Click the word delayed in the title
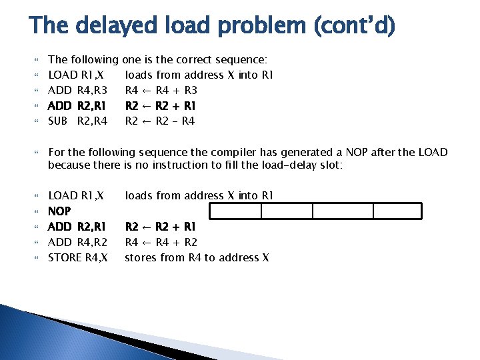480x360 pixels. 111,27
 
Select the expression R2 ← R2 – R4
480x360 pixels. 160,121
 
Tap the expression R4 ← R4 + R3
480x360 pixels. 160,90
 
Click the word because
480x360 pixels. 69,165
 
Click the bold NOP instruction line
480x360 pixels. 60,211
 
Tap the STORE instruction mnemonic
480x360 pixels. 63,257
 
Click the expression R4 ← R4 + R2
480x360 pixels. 160,242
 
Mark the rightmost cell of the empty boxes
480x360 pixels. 397,211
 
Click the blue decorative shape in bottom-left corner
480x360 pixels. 40,333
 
